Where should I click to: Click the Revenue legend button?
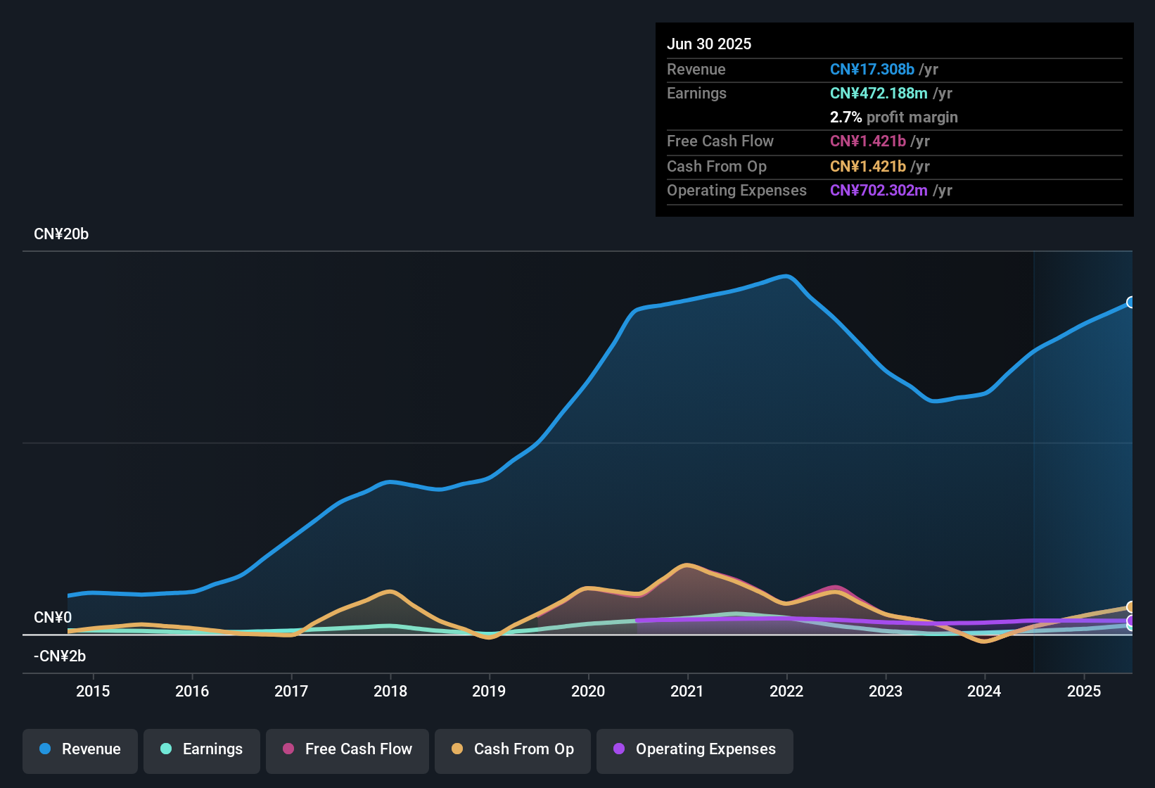point(80,749)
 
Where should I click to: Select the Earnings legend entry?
point(202,749)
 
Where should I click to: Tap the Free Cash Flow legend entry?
point(347,749)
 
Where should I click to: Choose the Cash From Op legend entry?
point(513,749)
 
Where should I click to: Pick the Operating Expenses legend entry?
point(695,749)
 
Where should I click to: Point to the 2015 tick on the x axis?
point(93,691)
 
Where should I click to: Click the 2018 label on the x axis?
point(390,691)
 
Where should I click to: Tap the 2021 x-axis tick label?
point(687,691)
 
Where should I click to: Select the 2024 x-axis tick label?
point(984,691)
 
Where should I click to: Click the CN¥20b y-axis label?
point(61,234)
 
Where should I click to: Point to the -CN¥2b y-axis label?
point(60,656)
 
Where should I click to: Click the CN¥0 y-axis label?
point(53,618)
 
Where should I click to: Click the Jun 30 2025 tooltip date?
point(709,44)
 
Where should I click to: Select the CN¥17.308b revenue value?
point(872,70)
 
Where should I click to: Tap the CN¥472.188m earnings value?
point(879,94)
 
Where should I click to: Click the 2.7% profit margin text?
point(893,117)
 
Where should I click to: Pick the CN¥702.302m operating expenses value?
point(879,191)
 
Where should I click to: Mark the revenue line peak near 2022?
point(786,276)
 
